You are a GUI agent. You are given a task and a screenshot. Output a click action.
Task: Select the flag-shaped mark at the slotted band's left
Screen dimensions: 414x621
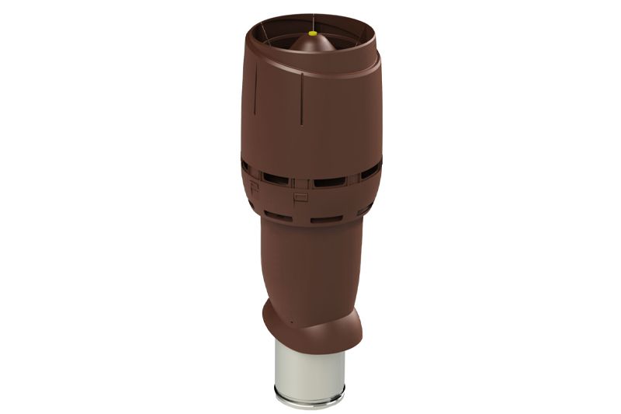254,186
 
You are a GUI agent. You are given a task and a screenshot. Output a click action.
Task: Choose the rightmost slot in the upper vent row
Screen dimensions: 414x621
371,170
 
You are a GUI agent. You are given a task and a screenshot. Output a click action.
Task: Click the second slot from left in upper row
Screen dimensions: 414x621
276,179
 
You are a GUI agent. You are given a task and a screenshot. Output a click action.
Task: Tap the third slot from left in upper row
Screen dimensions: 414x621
329,183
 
